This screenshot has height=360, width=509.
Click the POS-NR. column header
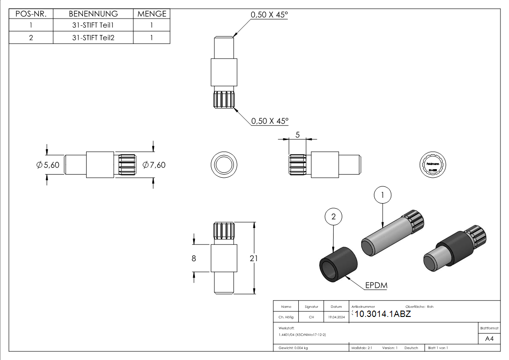pos(31,14)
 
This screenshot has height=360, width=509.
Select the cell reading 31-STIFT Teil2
pos(93,38)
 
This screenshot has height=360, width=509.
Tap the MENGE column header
pos(152,14)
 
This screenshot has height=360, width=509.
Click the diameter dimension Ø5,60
pos(48,165)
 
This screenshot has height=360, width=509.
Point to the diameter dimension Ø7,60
pos(154,165)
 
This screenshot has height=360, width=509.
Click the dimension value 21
pos(254,258)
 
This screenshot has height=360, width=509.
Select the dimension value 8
pos(194,258)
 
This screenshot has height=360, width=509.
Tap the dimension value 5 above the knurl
pos(297,135)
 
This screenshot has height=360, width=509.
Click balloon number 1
pos(383,195)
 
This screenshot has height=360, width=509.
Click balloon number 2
pos(334,217)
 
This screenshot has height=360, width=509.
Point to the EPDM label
pos(376,286)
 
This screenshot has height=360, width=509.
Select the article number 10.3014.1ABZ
pos(383,314)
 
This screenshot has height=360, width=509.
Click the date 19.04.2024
pos(336,317)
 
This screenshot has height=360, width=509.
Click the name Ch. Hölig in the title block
pos(286,317)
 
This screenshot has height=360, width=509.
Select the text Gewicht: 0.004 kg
pos(293,348)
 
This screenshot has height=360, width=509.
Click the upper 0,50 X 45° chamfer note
pos(270,15)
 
